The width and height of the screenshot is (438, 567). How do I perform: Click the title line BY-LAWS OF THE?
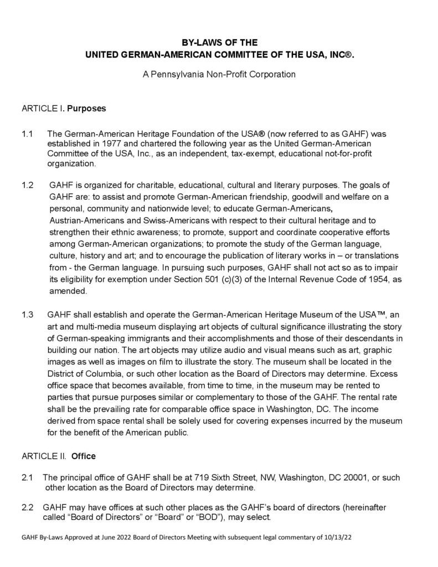(x=220, y=42)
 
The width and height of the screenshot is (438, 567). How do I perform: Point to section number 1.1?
(x=28, y=135)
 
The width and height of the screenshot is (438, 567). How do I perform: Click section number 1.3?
(x=28, y=315)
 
